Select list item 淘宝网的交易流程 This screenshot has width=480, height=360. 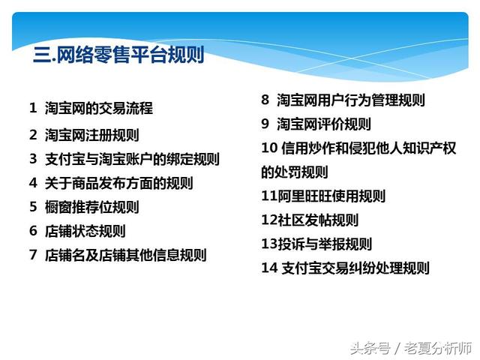(x=98, y=108)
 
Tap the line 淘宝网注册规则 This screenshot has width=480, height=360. (x=91, y=136)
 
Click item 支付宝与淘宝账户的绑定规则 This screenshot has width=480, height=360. (x=132, y=159)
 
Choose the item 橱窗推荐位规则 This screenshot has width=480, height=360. (x=91, y=207)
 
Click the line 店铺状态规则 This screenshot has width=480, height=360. (x=85, y=231)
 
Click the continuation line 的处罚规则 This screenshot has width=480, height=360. (x=295, y=172)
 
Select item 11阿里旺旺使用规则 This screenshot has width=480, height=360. (x=323, y=196)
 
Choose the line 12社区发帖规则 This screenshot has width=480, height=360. (x=310, y=220)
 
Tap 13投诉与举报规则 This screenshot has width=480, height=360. (x=316, y=244)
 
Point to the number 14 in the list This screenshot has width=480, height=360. (x=268, y=268)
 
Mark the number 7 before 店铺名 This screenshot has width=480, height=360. (x=33, y=255)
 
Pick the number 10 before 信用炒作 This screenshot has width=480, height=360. (x=269, y=148)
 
